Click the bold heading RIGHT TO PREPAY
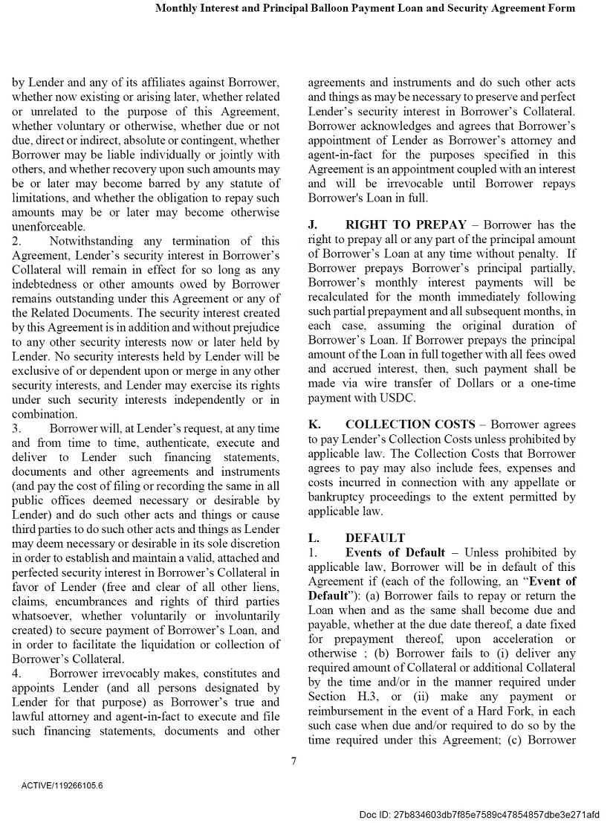pos(406,225)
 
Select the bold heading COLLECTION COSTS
pos(409,425)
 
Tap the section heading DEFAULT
pos(375,538)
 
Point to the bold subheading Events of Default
pos(395,552)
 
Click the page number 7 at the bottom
pos(294,760)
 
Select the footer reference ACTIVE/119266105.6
pos(62,785)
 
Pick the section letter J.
pos(312,225)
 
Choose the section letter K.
pos(314,425)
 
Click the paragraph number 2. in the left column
pos(17,241)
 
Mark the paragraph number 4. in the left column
pos(17,674)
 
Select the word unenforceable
pos(48,227)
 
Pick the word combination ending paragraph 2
pos(45,414)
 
